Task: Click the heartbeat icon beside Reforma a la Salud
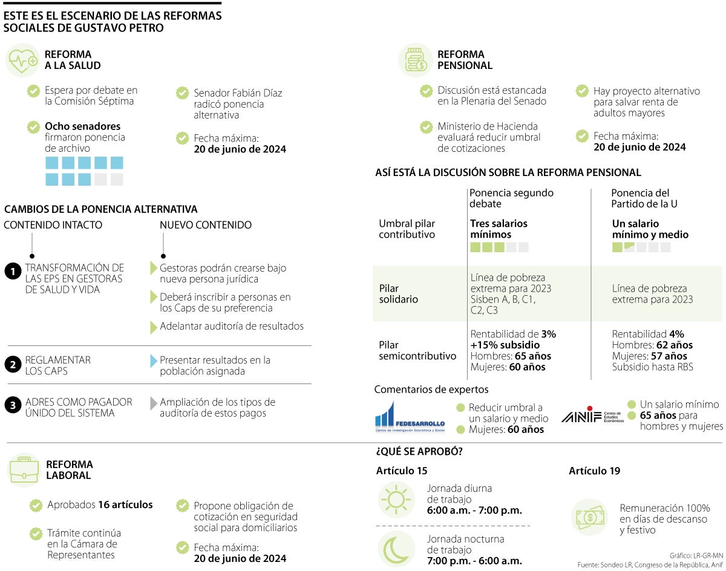pos(23,60)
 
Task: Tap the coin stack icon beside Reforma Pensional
pos(416,60)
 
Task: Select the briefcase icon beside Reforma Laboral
pos(24,470)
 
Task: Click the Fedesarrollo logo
pos(410,417)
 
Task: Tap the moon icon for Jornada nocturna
pos(396,549)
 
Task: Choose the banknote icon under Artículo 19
pos(590,517)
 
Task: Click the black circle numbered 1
pos(12,272)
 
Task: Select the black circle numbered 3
pos(12,405)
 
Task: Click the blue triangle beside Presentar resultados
pos(154,361)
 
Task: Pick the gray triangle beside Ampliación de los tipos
pos(154,403)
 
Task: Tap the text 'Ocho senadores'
pos(82,126)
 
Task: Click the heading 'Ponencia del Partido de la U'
pos(644,198)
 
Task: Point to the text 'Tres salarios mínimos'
pos(499,229)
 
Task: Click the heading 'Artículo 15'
pos(401,471)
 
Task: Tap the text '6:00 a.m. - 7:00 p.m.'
pos(474,510)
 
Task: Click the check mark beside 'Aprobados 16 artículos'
pos(36,505)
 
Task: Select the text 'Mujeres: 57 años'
pos(649,356)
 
